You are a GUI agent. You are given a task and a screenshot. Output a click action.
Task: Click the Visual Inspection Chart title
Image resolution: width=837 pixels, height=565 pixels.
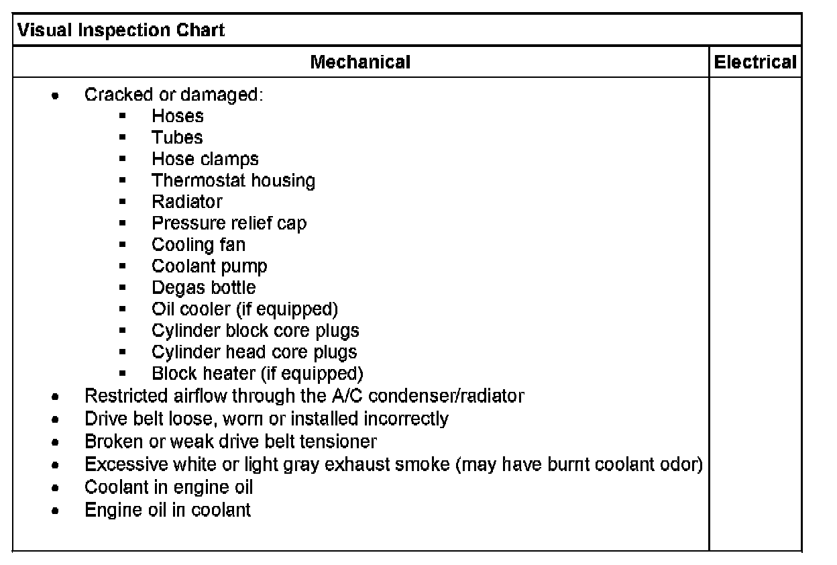[121, 30]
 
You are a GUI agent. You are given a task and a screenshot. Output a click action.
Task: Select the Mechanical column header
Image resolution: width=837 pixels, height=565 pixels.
[360, 62]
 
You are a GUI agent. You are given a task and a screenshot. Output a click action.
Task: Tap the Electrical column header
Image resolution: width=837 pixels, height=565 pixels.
[755, 62]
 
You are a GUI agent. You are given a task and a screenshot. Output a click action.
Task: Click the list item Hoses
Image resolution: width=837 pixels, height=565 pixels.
[178, 116]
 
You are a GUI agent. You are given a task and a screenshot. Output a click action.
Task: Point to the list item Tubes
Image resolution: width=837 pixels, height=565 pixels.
[177, 138]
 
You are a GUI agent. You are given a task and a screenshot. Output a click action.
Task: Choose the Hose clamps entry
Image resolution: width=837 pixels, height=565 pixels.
[205, 159]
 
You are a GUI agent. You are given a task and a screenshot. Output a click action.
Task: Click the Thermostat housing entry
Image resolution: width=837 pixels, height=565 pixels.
[233, 181]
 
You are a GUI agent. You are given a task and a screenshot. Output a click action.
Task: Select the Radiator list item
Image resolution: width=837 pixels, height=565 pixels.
[187, 201]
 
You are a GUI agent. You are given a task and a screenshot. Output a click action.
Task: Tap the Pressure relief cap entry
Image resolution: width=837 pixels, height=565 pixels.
[229, 223]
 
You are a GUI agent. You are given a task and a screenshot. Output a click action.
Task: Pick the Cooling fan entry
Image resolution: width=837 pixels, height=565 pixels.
[199, 244]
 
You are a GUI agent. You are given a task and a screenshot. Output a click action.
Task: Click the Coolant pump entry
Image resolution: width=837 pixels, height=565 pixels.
[209, 266]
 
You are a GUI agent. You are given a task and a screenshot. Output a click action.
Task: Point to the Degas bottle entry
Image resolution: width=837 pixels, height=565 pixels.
[204, 287]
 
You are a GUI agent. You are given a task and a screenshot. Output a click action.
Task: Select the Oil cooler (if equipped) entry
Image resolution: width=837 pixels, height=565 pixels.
[245, 309]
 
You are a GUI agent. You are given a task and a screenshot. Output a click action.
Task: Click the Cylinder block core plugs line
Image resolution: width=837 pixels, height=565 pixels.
[256, 330]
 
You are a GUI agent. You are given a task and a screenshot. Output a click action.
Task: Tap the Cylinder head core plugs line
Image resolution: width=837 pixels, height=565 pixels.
[254, 352]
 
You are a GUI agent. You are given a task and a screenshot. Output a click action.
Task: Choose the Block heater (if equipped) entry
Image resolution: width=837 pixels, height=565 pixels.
[258, 373]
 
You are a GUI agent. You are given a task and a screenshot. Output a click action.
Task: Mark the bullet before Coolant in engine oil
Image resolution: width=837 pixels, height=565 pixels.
[56, 488]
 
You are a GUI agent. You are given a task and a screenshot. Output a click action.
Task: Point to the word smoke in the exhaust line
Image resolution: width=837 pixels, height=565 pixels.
[423, 464]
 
